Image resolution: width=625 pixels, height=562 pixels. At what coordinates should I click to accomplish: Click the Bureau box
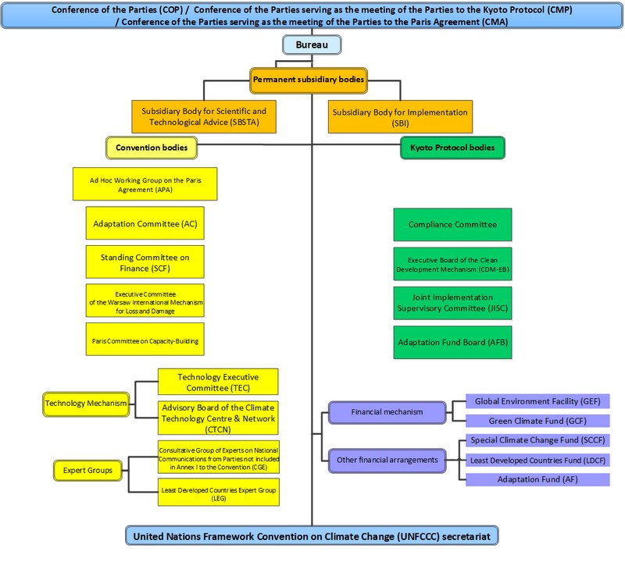(312, 46)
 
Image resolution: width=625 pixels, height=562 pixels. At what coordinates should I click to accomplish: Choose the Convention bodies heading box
(151, 147)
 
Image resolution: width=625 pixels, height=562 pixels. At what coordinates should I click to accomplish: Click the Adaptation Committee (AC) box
(144, 223)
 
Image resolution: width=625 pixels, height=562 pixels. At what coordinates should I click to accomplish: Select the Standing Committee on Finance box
(144, 261)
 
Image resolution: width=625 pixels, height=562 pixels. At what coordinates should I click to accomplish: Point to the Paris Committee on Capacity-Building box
(144, 340)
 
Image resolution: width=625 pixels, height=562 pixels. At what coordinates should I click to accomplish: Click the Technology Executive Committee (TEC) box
(217, 382)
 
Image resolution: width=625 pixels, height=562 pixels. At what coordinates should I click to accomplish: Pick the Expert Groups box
(82, 471)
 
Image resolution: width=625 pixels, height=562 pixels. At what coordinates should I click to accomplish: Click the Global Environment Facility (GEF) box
(537, 401)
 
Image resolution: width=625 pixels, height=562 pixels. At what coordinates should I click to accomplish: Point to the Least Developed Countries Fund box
(537, 460)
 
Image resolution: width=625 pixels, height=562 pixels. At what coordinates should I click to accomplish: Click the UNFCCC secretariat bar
(312, 536)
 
